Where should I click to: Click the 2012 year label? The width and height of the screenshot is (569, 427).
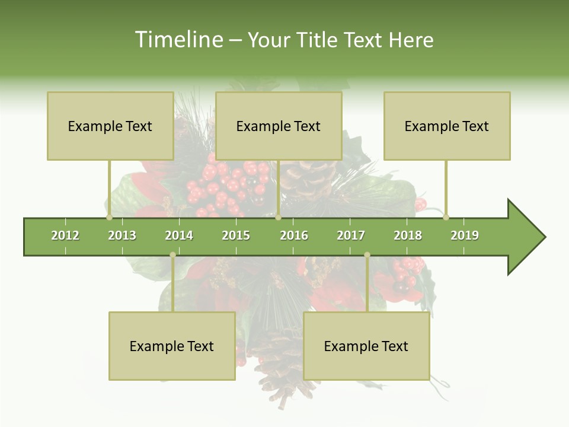click(65, 235)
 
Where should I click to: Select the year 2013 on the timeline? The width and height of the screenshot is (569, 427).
click(122, 235)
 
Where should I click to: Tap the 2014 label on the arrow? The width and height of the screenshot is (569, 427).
click(179, 235)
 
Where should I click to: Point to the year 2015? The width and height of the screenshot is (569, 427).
click(236, 235)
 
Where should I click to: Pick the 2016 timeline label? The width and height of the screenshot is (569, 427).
click(294, 235)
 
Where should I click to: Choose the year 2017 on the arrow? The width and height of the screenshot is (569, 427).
click(351, 235)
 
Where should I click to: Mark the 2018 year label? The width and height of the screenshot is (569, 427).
click(408, 235)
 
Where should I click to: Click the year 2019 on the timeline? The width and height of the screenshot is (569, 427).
click(465, 235)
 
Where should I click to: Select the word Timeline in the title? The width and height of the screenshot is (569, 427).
click(177, 40)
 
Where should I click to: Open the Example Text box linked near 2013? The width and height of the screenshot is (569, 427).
click(110, 126)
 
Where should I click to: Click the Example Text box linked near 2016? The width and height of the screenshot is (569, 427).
click(279, 126)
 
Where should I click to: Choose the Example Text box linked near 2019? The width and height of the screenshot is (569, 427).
click(447, 126)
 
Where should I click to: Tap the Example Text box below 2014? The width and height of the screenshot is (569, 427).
click(172, 346)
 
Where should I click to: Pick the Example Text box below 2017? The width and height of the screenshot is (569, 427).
click(366, 346)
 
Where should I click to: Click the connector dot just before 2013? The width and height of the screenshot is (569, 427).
click(110, 218)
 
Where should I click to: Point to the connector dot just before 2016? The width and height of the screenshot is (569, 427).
click(278, 218)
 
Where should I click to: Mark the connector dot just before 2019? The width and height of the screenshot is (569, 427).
click(446, 217)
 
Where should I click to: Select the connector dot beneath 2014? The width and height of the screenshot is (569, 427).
click(172, 255)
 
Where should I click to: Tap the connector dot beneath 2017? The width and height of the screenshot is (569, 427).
click(367, 255)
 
